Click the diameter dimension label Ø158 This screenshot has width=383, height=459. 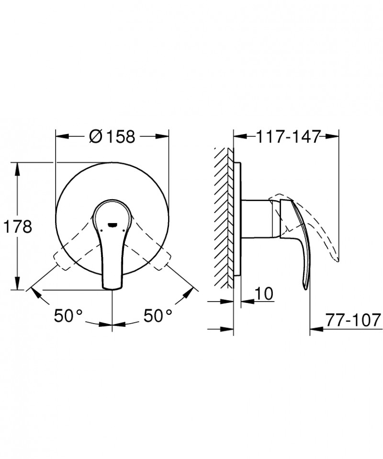coord(113,137)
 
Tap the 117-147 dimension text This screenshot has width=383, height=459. coord(287,137)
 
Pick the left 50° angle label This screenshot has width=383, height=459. coord(68,315)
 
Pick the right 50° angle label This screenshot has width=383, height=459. coord(158,315)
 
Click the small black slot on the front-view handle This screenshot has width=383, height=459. coord(113,224)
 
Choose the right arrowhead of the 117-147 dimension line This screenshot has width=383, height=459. coord(335,137)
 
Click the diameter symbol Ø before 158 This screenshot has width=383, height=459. coord(95,137)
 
